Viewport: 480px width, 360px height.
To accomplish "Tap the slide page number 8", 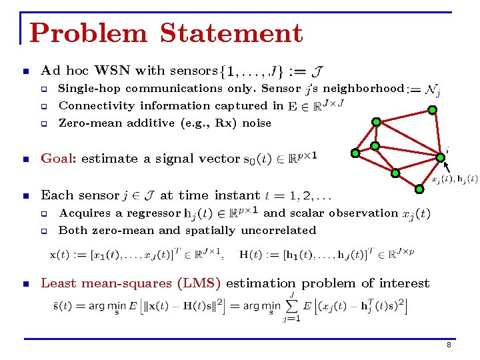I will [x=449, y=345].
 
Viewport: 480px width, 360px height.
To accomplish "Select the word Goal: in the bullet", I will [x=59, y=159].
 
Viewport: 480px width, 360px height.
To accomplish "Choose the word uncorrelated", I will [x=278, y=231].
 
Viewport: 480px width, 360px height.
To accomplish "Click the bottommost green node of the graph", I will [x=419, y=189].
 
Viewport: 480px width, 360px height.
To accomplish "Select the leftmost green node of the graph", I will [x=355, y=153].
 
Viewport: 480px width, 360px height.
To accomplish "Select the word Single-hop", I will [x=90, y=88].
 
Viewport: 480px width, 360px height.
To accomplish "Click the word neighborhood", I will [x=363, y=88].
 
